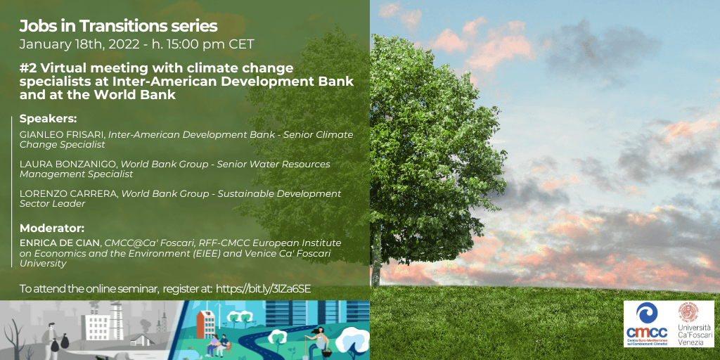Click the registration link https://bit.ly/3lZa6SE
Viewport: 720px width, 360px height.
pos(263,289)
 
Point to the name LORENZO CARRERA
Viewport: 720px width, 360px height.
pos(68,194)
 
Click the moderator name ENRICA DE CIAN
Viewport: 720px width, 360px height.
pos(60,243)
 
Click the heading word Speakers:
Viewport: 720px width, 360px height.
pos(48,119)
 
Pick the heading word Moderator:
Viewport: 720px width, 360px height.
pos(52,228)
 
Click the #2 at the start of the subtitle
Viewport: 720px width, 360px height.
pos(25,69)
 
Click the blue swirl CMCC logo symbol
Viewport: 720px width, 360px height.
pos(647,313)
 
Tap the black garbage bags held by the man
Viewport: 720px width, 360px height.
pos(59,342)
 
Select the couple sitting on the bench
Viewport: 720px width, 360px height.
pos(218,345)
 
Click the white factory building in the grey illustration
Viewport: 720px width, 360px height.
pos(98,326)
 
